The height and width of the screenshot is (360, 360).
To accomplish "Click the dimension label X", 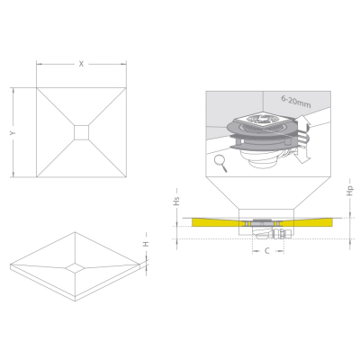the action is coord(81,64).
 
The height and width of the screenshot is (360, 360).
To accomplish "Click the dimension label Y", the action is coord(13,132).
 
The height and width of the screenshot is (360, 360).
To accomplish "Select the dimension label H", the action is coord(146,244).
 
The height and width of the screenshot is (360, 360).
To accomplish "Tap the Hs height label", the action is coord(177,201).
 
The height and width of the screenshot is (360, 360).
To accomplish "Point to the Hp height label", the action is coord(350,191).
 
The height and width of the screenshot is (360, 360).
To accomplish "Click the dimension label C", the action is coord(267,251).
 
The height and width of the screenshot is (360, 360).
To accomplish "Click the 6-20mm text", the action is coord(296,102).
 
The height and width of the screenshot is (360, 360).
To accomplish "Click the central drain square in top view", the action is coord(81,132).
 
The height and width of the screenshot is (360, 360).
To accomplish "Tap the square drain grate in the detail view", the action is coord(259,120).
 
